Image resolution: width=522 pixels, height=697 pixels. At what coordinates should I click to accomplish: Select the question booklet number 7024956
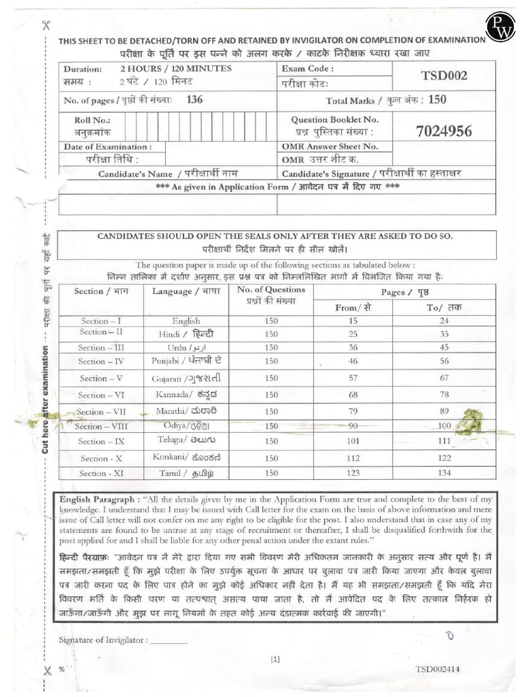pos(444,131)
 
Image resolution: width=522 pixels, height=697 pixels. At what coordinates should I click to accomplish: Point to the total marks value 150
pos(438,100)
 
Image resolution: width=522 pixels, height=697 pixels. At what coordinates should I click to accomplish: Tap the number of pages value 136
pos(194,99)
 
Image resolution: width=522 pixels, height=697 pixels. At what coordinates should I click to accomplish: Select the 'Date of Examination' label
pos(107,146)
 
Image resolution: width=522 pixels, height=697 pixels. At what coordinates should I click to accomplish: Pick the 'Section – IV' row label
pos(101,361)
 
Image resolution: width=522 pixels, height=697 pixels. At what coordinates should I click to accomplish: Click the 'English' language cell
pos(186,321)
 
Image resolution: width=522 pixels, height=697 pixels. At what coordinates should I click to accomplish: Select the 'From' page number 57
pos(353,378)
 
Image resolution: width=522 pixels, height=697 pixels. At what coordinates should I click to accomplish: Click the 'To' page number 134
pos(444,472)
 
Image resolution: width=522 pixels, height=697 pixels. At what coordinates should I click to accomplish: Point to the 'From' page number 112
pos(353,457)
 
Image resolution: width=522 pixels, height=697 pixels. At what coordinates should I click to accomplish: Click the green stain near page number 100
pos(468,421)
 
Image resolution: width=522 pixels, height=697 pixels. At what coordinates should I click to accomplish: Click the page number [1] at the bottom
pos(275,658)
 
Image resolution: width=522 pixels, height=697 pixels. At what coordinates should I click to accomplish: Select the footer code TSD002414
pos(438,669)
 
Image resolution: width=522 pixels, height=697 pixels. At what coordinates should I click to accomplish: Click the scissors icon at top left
pos(46,27)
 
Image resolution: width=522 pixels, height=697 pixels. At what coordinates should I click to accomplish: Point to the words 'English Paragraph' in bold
pos(101,499)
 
